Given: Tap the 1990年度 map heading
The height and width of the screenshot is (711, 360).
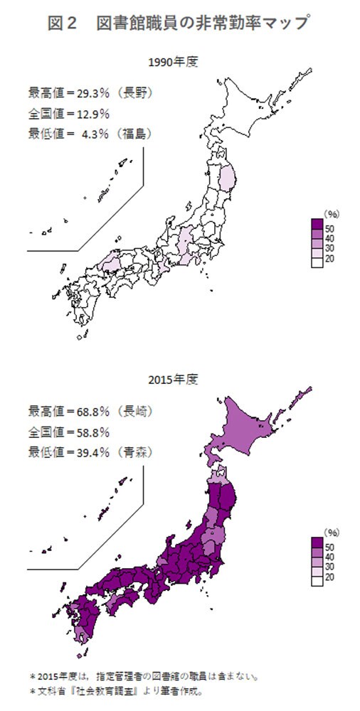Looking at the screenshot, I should (173, 63).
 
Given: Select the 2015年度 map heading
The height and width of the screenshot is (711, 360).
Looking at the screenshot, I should (173, 378).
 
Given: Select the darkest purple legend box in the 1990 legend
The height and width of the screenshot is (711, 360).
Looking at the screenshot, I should (317, 226).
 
